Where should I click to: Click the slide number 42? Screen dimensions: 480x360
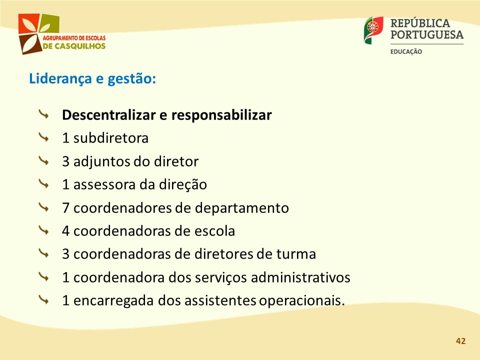[460, 341]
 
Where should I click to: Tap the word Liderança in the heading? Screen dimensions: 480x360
[60, 78]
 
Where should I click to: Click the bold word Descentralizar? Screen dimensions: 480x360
[108, 115]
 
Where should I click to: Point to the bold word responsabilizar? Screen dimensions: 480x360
[221, 115]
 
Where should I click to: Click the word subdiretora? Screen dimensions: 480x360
[111, 138]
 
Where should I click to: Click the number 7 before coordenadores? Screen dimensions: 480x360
[65, 208]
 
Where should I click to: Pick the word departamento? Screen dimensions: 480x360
[242, 208]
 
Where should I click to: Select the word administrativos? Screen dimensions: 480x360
[300, 277]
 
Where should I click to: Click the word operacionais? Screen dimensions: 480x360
[302, 301]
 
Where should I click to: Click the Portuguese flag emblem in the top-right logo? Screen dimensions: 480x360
[373, 29]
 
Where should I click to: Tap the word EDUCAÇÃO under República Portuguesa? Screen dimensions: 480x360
[406, 51]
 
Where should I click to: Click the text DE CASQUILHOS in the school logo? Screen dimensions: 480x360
[74, 46]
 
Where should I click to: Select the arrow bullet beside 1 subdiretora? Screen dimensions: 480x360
[44, 138]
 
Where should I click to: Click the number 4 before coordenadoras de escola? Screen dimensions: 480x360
[65, 231]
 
